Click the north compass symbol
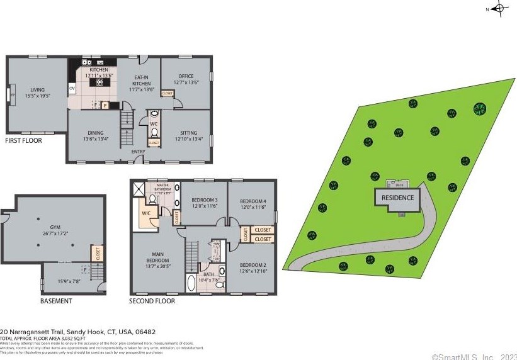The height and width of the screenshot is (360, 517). [499, 8]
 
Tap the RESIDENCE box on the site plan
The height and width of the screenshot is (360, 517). [397, 198]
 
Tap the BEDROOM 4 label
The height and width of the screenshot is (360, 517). [253, 203]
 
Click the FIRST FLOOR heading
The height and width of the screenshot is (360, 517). [23, 141]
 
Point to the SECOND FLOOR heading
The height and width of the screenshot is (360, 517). [152, 301]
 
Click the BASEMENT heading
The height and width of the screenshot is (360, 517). [56, 301]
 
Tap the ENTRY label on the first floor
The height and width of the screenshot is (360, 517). [138, 152]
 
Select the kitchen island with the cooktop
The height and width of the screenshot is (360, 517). [99, 82]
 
